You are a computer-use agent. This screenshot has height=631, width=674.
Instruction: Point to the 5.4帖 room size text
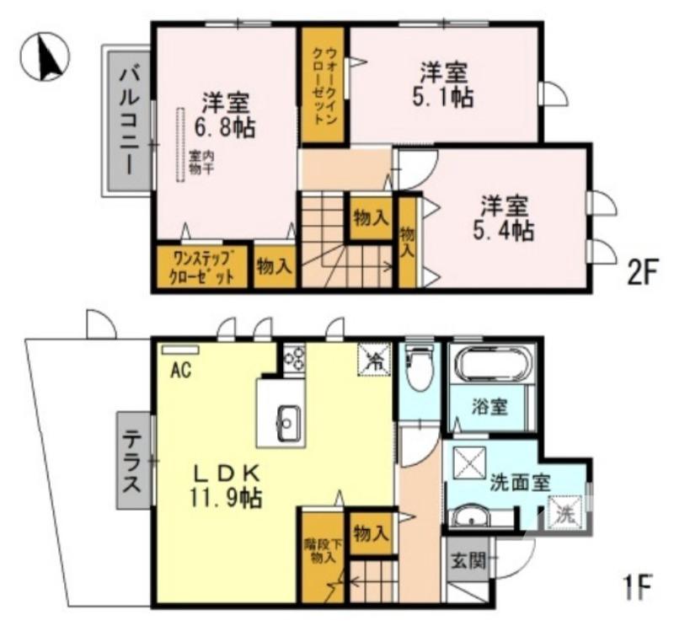click(x=504, y=229)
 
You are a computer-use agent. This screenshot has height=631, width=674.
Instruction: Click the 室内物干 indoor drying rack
click(x=180, y=144)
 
